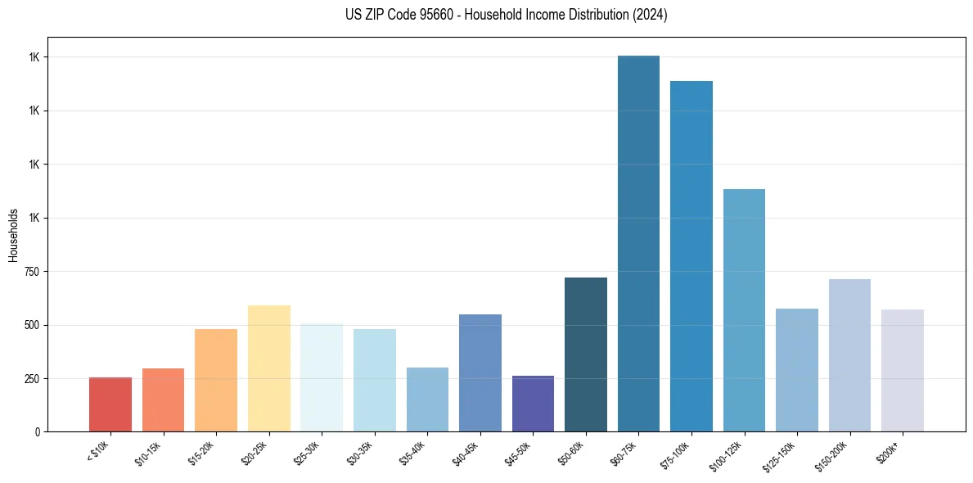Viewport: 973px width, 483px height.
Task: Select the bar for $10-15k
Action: tap(163, 399)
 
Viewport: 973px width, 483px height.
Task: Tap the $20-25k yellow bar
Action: tap(269, 368)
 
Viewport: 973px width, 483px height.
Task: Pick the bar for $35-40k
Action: tap(427, 399)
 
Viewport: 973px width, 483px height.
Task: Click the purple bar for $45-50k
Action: tap(533, 404)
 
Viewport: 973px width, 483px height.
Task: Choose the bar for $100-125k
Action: tap(744, 310)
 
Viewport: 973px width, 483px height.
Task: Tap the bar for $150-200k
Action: tap(849, 355)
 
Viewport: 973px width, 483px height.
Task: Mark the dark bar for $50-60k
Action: tap(586, 354)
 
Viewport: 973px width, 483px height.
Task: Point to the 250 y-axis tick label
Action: tap(30, 379)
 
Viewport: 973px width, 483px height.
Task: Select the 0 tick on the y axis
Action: tap(37, 432)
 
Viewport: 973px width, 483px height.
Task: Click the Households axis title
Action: tap(13, 235)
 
